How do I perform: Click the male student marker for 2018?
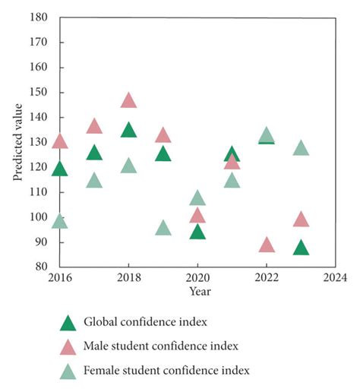(x=128, y=101)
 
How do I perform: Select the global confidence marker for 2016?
(x=59, y=169)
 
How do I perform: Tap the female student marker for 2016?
(x=59, y=222)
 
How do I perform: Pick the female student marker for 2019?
(x=163, y=229)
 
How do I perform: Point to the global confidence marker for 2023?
(x=301, y=248)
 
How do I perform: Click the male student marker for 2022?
(x=267, y=245)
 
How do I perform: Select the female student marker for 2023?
(x=301, y=149)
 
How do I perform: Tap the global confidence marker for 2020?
(x=197, y=232)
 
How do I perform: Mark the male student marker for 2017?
(x=94, y=127)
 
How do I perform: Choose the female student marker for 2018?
(x=128, y=166)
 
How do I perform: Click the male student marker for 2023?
(x=301, y=220)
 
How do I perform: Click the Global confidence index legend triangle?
(x=68, y=324)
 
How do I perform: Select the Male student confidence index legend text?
(x=161, y=346)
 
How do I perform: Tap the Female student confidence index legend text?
(x=166, y=371)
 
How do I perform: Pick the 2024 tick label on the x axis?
(x=335, y=277)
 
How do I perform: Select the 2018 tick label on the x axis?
(x=128, y=277)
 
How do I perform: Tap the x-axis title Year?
(x=200, y=291)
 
